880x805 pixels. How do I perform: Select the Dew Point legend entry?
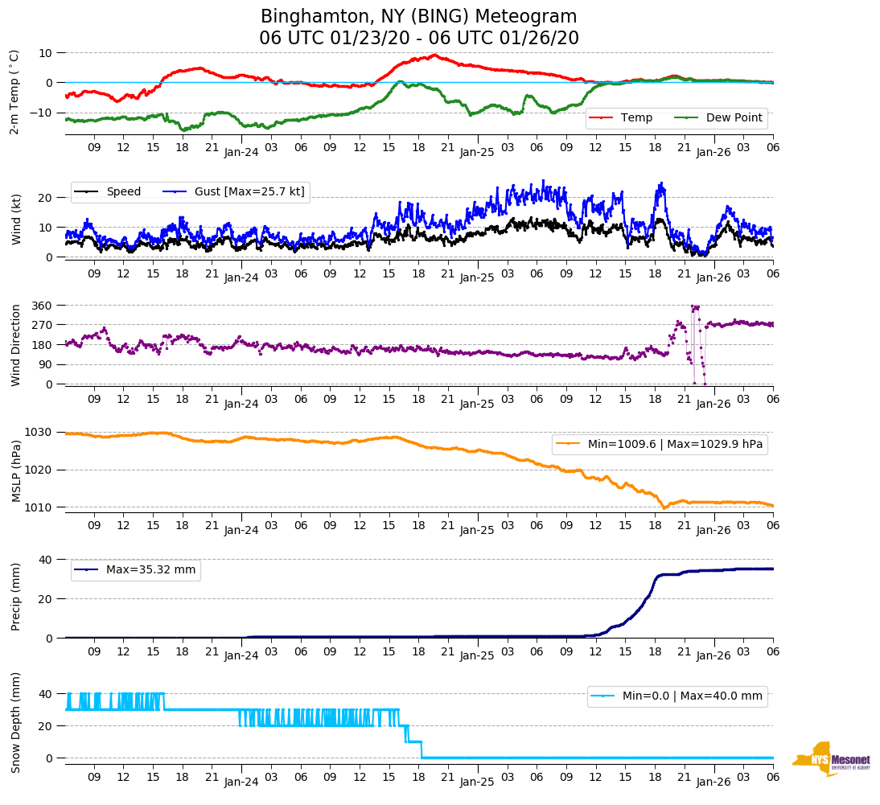(734, 118)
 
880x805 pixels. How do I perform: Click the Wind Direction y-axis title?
(16, 344)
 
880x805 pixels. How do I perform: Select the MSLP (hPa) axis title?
(16, 470)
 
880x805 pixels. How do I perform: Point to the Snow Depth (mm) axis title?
(16, 721)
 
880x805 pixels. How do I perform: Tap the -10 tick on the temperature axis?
(40, 113)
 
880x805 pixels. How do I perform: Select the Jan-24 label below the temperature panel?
(241, 150)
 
